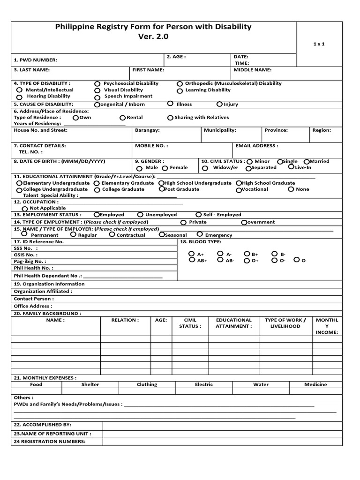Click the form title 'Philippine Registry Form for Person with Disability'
[153, 27]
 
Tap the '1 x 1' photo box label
[319, 44]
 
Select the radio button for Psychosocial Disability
[97, 83]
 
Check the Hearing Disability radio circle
[19, 97]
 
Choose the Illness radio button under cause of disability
[170, 104]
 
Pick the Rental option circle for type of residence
[123, 118]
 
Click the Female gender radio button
[165, 168]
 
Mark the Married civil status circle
[307, 161]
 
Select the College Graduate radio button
[97, 190]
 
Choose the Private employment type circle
[183, 223]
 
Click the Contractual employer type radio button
[112, 234]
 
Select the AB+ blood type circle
[191, 260]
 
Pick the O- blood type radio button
[274, 260]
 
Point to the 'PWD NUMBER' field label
[36, 60]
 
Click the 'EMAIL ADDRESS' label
[256, 146]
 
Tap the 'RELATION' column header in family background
[125, 320]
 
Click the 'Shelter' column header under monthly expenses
[90, 384]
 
